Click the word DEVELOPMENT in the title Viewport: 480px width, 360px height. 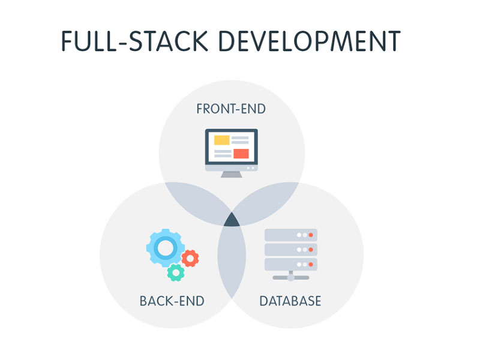309,41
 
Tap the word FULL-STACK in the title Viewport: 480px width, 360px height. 134,41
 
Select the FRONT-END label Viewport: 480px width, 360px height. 231,109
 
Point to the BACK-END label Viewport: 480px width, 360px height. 172,301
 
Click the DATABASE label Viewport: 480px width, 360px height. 290,301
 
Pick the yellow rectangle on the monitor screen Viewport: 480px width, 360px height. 221,140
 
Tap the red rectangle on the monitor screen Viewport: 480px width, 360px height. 241,154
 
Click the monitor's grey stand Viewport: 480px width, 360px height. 232,175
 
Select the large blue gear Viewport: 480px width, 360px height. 166,247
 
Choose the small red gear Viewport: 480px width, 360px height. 190,259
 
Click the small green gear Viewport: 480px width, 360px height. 176,272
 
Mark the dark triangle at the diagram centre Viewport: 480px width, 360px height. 232,220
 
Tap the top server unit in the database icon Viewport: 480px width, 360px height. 290,235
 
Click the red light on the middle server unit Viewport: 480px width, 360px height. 311,250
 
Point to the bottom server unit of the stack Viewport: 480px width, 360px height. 290,264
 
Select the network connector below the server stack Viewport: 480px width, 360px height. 290,277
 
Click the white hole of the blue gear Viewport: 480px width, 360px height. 166,247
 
